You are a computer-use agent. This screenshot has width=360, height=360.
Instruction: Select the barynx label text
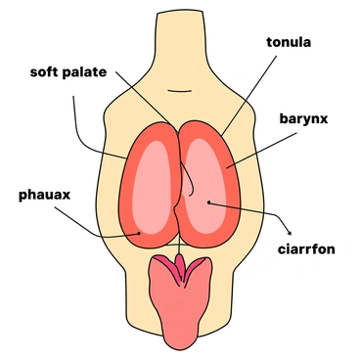click(x=301, y=119)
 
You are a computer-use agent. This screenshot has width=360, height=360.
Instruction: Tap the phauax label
click(x=45, y=194)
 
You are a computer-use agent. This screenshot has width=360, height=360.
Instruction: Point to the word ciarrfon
click(x=305, y=249)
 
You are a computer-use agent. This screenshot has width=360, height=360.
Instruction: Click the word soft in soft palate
click(x=49, y=72)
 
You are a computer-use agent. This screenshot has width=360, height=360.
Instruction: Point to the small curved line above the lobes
click(x=180, y=92)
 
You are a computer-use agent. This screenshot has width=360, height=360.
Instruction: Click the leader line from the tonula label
click(x=245, y=98)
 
